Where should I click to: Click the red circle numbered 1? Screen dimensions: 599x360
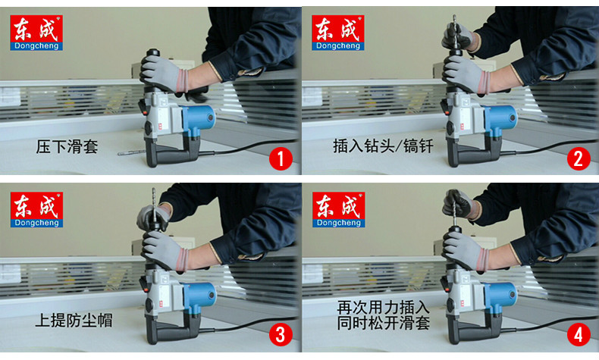coord(281,159)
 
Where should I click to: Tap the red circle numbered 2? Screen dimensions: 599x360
coord(579,159)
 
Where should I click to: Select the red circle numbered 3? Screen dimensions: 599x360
coord(281,335)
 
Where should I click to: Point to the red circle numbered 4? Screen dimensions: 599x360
coord(579,335)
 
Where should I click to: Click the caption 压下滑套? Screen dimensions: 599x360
coord(67,146)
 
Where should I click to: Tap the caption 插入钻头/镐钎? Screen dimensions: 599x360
coord(383,146)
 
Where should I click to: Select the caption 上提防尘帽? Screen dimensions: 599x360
coord(74,321)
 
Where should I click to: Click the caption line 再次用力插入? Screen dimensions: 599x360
coord(383,308)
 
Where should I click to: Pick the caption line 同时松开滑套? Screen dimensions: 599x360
coord(383,323)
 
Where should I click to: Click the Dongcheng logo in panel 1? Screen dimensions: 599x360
coord(36,33)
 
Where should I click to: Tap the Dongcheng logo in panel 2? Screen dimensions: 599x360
coord(337,33)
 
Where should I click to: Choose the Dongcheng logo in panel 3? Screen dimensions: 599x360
coord(36,210)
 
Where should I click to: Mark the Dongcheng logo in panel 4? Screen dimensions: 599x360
coord(338,210)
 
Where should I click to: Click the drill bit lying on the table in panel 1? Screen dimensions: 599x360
coord(131,153)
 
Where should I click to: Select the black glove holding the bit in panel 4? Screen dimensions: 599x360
coord(457,202)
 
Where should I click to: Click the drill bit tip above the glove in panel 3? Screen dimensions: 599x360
coord(154,189)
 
